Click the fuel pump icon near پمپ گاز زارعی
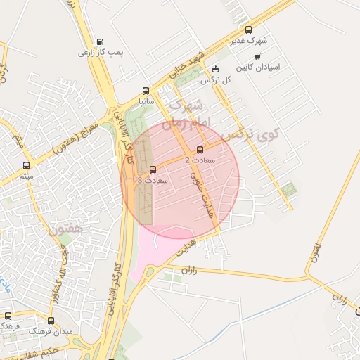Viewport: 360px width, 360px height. pyautogui.click(x=99, y=41)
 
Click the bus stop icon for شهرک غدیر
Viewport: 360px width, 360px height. pyautogui.click(x=248, y=30)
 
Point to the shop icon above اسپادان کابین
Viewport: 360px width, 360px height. pyautogui.click(x=257, y=56)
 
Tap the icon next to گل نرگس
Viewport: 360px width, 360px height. pyautogui.click(x=215, y=69)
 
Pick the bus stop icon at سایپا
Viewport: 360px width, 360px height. pyautogui.click(x=146, y=91)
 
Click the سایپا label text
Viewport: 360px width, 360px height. pyautogui.click(x=146, y=101)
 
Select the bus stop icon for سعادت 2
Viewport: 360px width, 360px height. pyautogui.click(x=200, y=150)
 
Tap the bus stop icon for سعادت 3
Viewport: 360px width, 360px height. pyautogui.click(x=153, y=169)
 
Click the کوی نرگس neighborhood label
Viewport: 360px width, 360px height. pyautogui.click(x=250, y=131)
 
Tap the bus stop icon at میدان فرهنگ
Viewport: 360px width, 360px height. pyautogui.click(x=8, y=316)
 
